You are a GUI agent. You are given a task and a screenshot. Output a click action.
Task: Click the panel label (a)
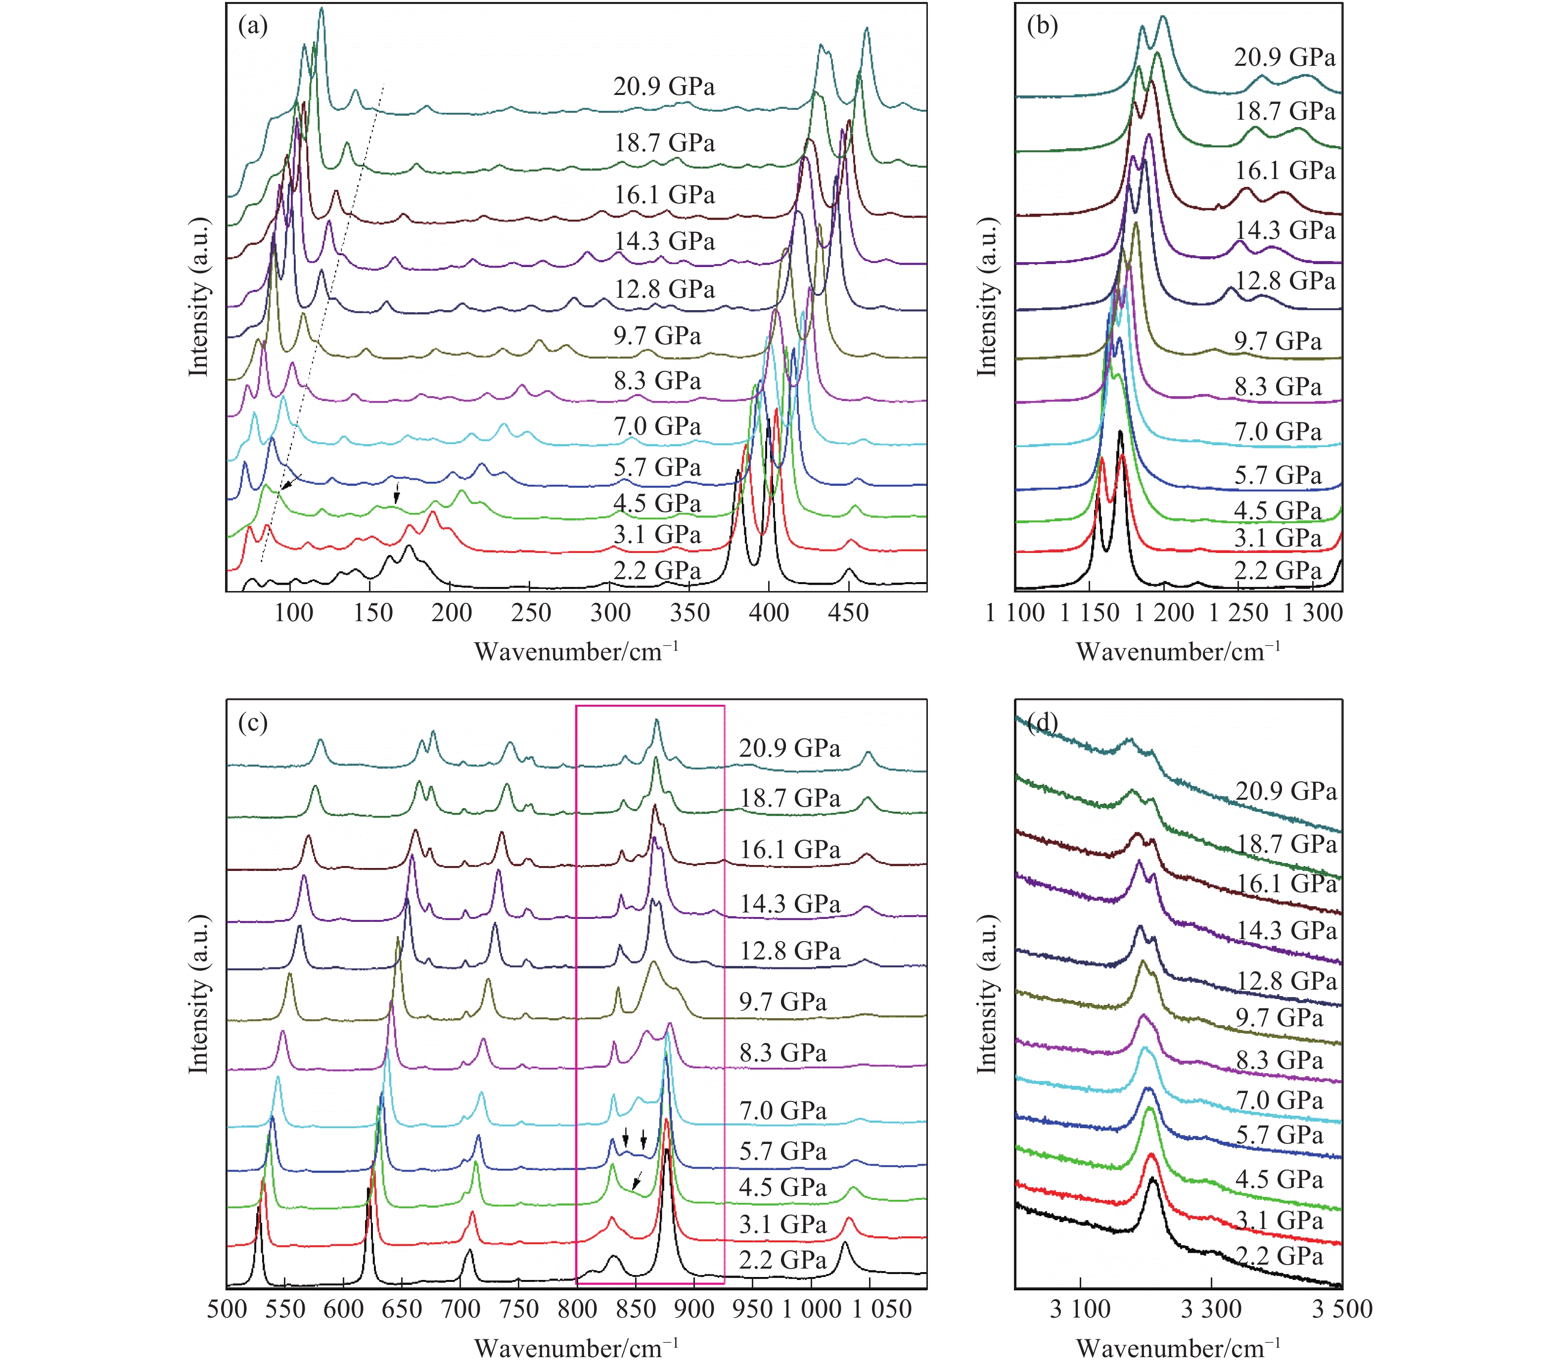click(x=253, y=27)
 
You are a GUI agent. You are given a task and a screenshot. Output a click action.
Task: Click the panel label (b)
click(x=1042, y=27)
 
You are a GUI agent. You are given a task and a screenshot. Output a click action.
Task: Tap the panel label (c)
click(x=253, y=723)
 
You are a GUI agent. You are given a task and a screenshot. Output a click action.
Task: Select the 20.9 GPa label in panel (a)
click(x=664, y=87)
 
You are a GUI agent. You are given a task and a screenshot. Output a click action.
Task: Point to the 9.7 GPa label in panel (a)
click(x=657, y=336)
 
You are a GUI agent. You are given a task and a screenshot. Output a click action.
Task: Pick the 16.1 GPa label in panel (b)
click(x=1285, y=171)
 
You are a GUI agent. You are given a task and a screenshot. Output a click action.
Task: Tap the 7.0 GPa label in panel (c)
click(x=783, y=1111)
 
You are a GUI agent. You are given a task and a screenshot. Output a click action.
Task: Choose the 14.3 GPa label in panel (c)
click(x=790, y=905)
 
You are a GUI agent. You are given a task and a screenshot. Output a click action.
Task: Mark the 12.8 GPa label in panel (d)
click(x=1286, y=982)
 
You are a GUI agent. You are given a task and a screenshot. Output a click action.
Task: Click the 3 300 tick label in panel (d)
click(x=1211, y=1309)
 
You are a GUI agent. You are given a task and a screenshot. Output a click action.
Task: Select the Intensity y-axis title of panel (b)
click(x=988, y=297)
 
